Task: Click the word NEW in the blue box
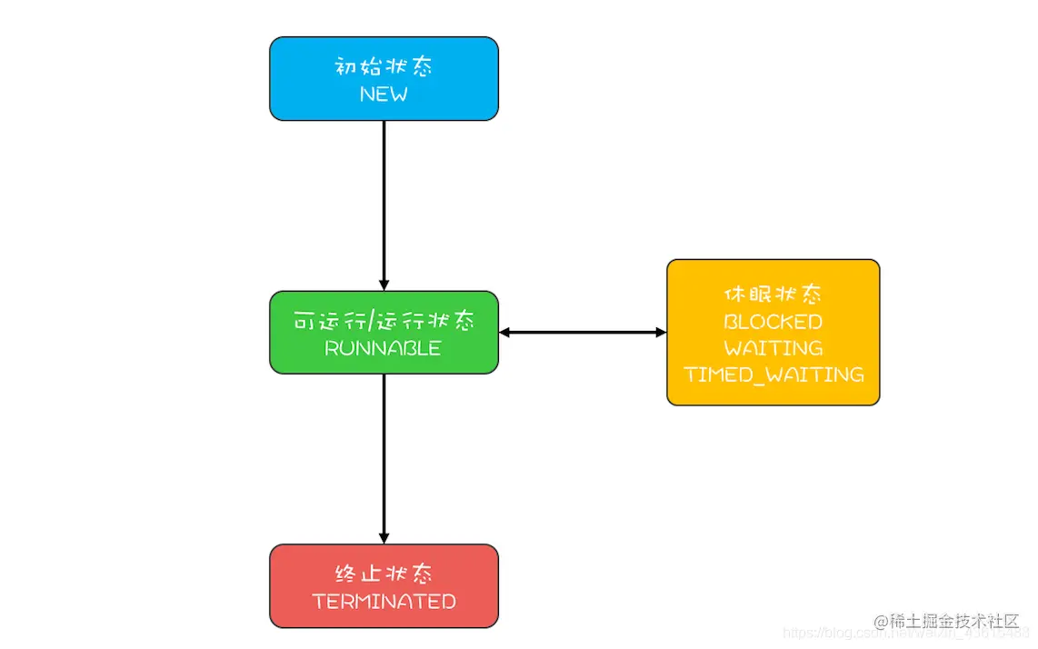tap(384, 94)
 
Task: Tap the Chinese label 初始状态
tap(384, 66)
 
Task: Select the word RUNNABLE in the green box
tap(383, 348)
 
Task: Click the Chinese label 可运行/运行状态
tap(384, 322)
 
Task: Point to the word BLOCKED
tap(773, 322)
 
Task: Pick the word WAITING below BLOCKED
tap(773, 348)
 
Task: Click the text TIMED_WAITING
tap(774, 374)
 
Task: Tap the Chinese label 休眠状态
tap(773, 295)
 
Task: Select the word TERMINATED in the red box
tap(384, 602)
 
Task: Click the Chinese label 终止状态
tap(384, 574)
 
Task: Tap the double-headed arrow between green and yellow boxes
tap(583, 333)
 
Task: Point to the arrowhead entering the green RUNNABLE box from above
tap(384, 285)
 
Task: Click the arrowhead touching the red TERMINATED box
tap(384, 538)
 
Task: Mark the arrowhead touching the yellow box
tap(661, 333)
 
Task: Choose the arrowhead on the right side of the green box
tap(505, 333)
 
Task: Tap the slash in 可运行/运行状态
tap(367, 322)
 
